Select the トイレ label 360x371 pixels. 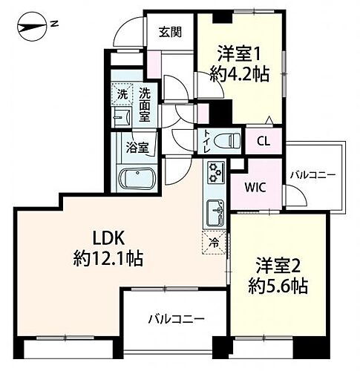(x=205, y=141)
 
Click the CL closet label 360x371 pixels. (x=263, y=140)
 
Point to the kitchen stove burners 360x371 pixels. (x=216, y=173)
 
